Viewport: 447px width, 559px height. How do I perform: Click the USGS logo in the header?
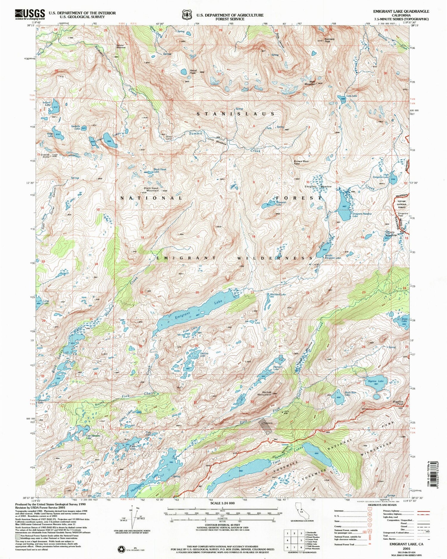pyautogui.click(x=30, y=14)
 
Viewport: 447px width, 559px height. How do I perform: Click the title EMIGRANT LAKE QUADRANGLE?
pyautogui.click(x=401, y=11)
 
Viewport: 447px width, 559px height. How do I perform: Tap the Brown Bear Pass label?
pyautogui.click(x=301, y=162)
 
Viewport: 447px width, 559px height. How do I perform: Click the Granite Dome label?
pyautogui.click(x=45, y=156)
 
